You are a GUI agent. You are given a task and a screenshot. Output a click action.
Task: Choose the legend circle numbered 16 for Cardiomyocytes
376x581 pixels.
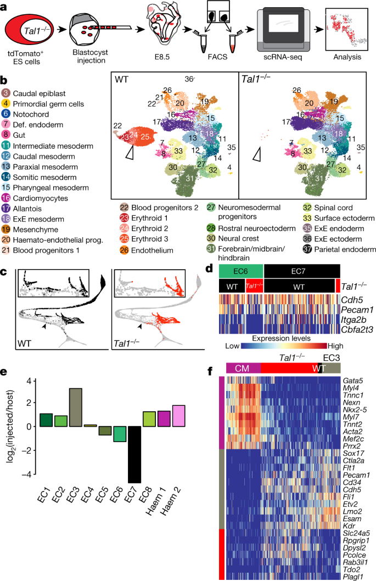[6, 198]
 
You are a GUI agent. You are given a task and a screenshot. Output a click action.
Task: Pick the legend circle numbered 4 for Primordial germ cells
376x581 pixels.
[6, 104]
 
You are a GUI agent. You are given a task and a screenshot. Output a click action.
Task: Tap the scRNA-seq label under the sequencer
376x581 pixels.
[283, 56]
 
